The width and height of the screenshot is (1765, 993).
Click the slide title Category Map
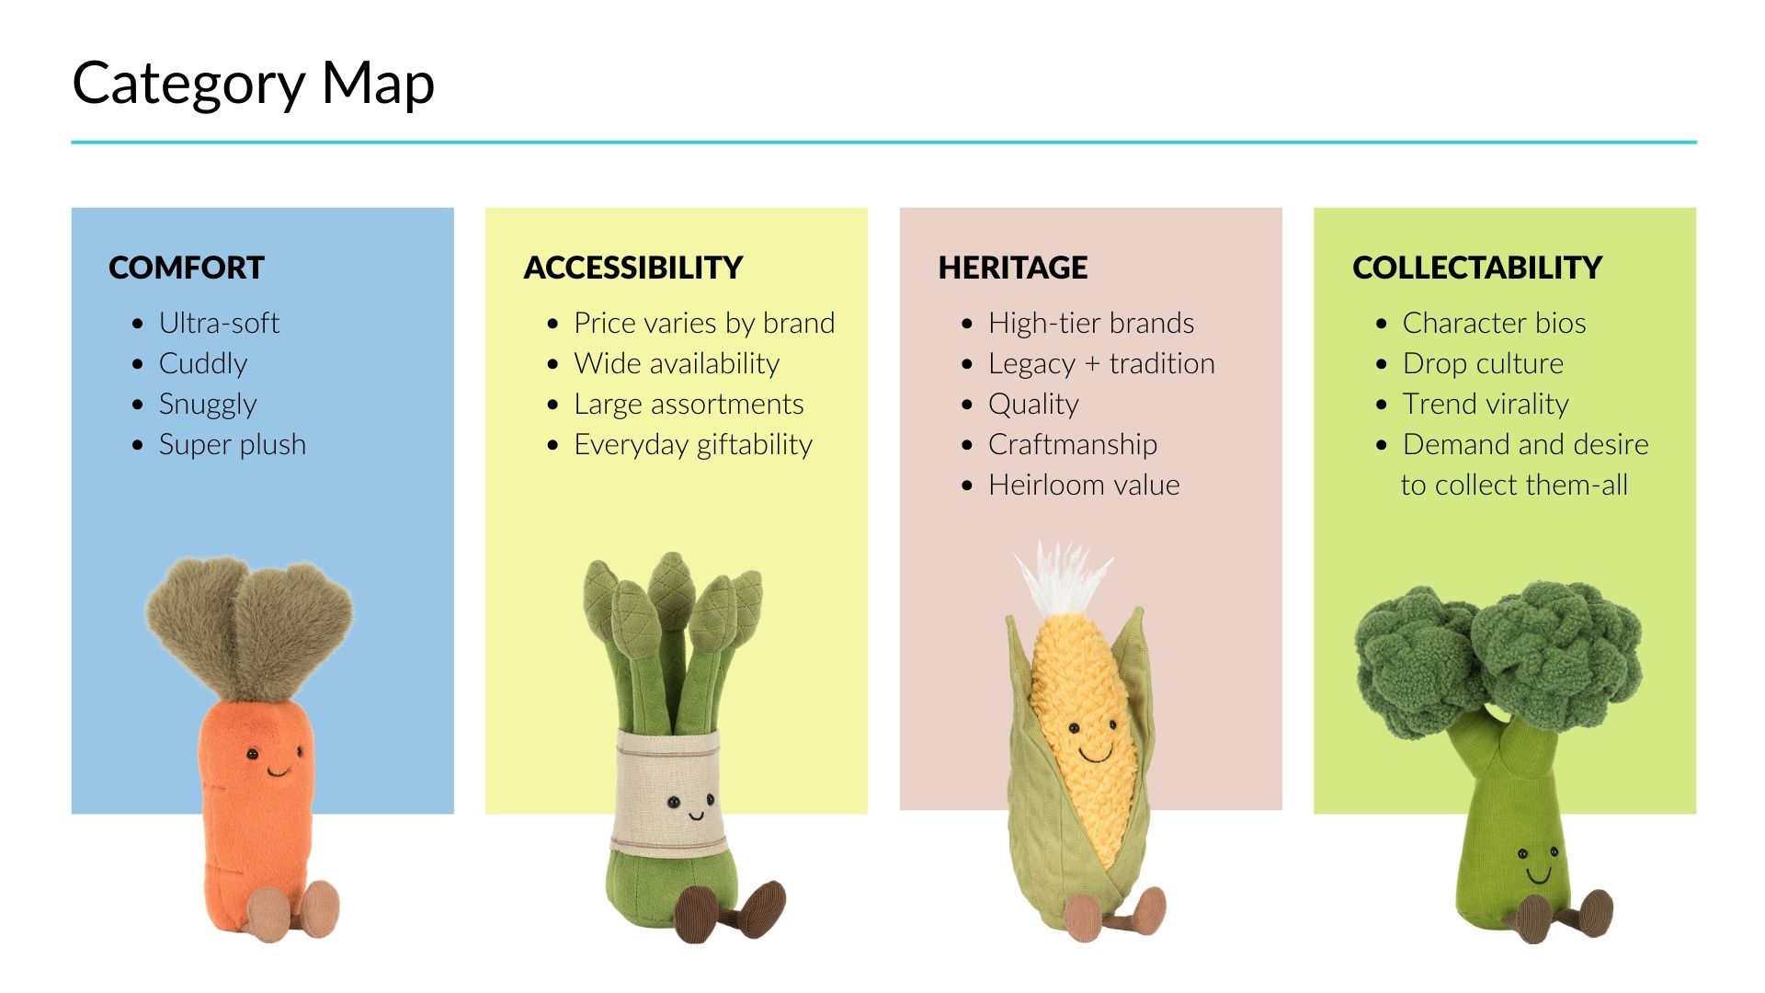(x=253, y=84)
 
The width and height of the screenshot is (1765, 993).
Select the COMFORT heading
(x=187, y=268)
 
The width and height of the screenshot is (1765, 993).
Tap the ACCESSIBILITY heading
(x=632, y=268)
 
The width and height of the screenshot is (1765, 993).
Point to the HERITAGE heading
(x=1012, y=268)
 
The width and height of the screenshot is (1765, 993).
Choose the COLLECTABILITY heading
(x=1477, y=268)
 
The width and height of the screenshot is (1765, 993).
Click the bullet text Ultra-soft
(x=219, y=323)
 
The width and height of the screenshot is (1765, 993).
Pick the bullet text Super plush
(x=233, y=444)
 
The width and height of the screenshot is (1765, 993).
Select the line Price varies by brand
(x=704, y=323)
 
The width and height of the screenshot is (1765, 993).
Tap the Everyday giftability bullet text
(x=693, y=444)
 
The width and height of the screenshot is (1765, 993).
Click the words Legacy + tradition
(x=1101, y=363)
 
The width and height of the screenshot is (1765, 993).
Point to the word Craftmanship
(x=1073, y=444)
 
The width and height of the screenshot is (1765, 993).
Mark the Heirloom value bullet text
(x=1084, y=485)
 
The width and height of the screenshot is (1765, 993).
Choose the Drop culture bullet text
(x=1483, y=363)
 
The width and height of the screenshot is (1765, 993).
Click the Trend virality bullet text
(x=1486, y=404)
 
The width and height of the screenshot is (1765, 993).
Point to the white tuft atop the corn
(x=1064, y=578)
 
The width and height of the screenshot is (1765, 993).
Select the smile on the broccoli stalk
(x=1538, y=874)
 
